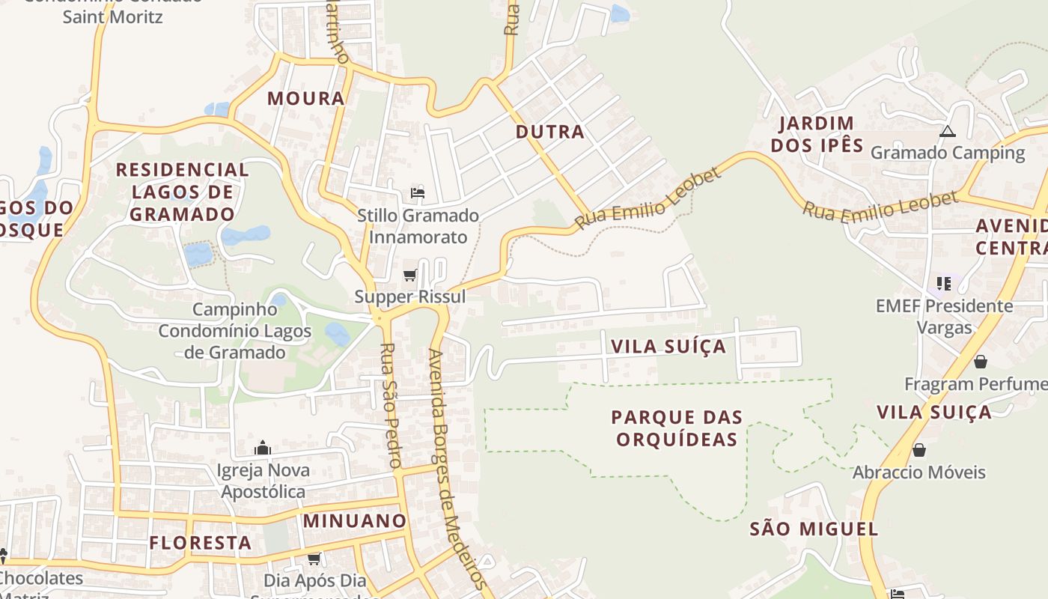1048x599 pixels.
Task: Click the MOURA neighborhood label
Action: [x=306, y=98]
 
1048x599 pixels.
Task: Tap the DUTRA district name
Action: [x=550, y=132]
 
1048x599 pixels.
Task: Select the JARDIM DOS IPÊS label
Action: [x=817, y=134]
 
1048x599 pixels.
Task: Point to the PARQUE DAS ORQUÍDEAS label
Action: [x=677, y=428]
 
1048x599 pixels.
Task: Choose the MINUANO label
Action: [x=355, y=520]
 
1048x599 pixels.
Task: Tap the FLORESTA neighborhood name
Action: [x=200, y=543]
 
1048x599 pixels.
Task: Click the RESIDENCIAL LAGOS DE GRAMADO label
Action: [x=183, y=192]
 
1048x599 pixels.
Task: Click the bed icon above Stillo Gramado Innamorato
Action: [x=418, y=193]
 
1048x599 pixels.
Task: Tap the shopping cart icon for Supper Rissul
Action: [x=409, y=276]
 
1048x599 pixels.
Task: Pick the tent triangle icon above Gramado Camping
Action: [x=948, y=132]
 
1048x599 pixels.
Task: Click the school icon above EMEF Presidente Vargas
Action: [x=944, y=284]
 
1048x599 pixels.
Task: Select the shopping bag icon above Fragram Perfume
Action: [x=980, y=362]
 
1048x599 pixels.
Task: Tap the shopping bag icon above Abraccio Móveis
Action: [x=918, y=450]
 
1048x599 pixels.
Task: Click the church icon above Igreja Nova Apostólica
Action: [x=263, y=448]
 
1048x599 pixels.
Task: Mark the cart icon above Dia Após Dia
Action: [x=314, y=559]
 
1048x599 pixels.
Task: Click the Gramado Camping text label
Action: [x=947, y=153]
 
